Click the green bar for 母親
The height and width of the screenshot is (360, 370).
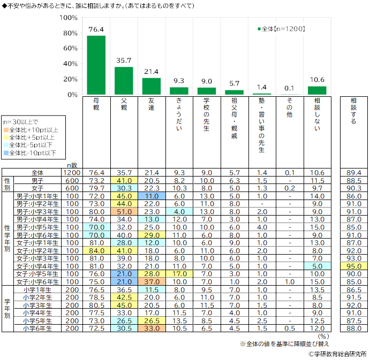(96, 65)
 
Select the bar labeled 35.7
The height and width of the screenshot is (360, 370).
(124, 81)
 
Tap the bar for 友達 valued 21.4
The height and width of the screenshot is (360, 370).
(152, 86)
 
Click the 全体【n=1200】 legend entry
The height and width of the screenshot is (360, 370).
(281, 29)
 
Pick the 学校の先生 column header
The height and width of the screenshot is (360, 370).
(206, 114)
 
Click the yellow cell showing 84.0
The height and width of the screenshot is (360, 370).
(96, 250)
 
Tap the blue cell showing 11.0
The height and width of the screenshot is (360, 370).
(152, 196)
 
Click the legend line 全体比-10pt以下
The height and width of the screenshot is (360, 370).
(33, 153)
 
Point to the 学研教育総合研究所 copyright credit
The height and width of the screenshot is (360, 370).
(338, 354)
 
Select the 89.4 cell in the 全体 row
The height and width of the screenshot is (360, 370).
(353, 173)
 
